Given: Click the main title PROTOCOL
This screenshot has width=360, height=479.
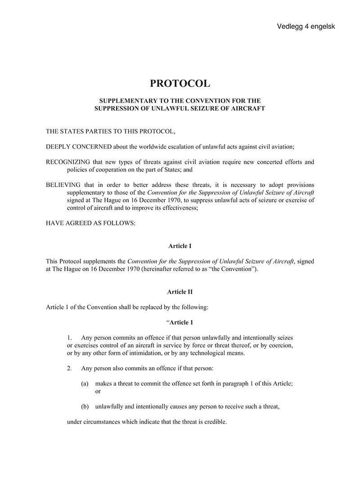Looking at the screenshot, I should pos(180,84).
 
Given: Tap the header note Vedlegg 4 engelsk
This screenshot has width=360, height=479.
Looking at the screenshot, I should pos(306,27).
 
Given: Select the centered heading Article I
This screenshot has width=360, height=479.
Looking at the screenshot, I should pos(180,246).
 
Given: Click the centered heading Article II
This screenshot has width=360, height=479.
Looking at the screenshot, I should pos(180,292).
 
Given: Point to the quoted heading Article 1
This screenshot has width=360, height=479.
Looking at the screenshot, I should pos(181,322).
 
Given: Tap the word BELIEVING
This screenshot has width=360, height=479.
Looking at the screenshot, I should pos(63,185).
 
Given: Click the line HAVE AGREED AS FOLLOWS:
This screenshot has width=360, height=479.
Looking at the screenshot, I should pos(90,223).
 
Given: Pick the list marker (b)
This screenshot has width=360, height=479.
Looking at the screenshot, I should pos(85,407).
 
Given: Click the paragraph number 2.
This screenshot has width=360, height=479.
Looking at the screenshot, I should pos(69,368).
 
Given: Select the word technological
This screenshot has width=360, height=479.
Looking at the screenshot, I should pos(208,353).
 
